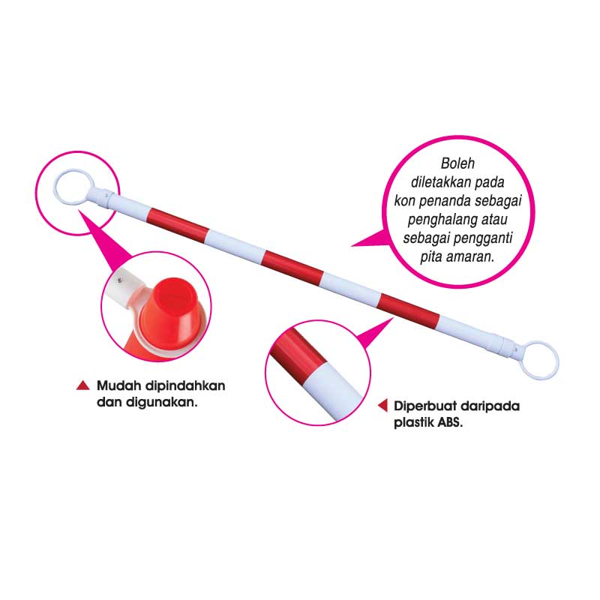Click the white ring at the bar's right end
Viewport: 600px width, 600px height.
(x=541, y=360)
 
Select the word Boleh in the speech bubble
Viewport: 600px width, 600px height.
(x=457, y=163)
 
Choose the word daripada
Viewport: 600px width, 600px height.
(x=493, y=406)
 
